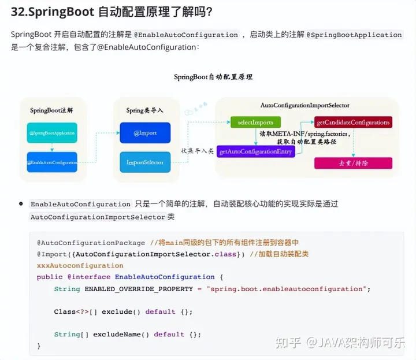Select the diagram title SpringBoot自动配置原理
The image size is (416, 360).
[213, 77]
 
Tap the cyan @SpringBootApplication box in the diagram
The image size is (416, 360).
[51, 133]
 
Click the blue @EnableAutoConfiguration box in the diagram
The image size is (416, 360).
[51, 162]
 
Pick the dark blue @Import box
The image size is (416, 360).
[145, 133]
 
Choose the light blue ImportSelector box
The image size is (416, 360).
[145, 162]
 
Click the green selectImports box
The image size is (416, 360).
[255, 123]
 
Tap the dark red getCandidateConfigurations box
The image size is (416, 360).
[353, 123]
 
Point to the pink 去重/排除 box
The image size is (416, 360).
[353, 163]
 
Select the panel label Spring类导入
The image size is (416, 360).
[144, 110]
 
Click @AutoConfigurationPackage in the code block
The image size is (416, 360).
[91, 243]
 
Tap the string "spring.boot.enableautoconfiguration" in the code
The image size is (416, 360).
[287, 288]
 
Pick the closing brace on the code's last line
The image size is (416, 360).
[39, 346]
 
